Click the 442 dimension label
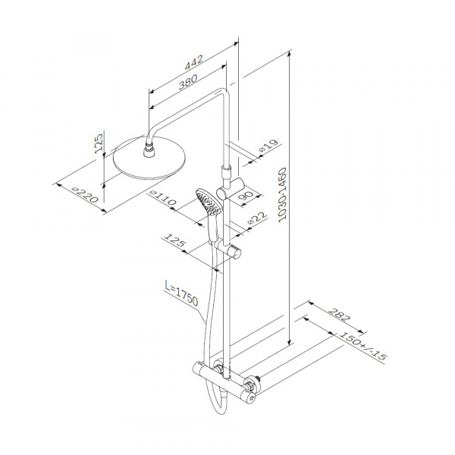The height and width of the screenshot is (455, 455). (194, 62)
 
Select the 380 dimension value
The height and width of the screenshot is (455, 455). (188, 82)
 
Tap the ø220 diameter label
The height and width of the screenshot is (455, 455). (85, 194)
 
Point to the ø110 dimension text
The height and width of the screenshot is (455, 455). (163, 198)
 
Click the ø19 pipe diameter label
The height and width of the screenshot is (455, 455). (269, 146)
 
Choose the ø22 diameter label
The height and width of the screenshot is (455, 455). (257, 218)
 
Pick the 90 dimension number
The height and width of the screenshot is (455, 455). (246, 196)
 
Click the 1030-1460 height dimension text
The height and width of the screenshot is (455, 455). (282, 195)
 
